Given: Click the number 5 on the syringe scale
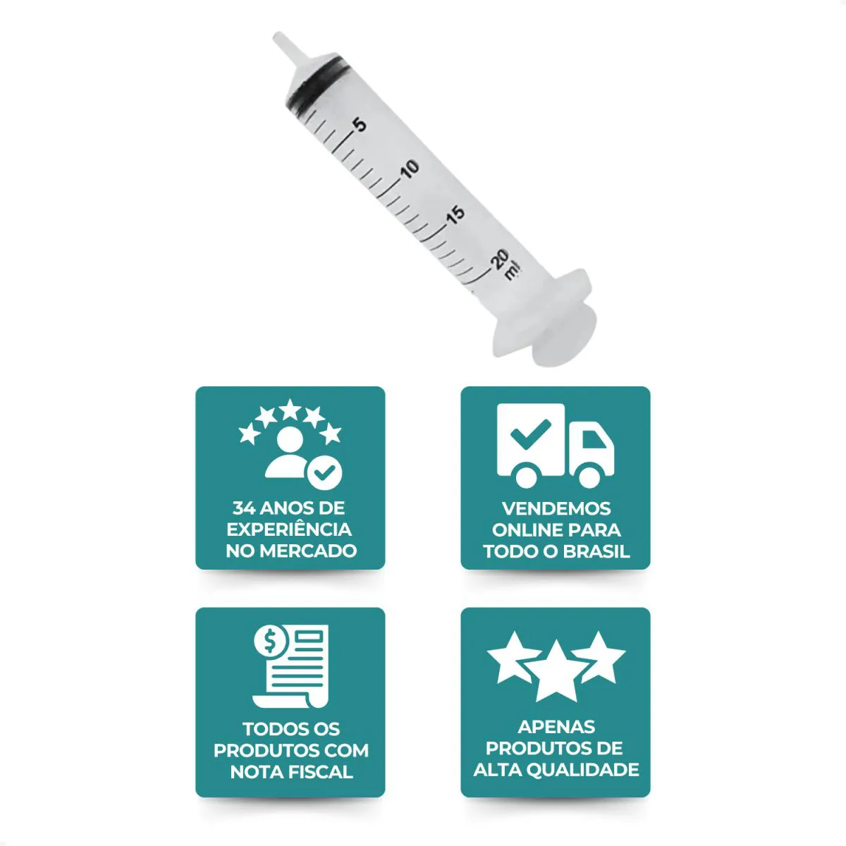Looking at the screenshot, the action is [x=360, y=125].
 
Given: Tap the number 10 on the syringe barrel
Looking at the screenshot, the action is [x=410, y=168].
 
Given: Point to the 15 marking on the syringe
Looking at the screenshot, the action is [x=456, y=215].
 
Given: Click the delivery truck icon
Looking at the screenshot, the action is [x=556, y=446].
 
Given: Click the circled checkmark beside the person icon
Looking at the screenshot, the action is [x=324, y=473].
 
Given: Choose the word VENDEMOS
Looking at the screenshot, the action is [x=556, y=509].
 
